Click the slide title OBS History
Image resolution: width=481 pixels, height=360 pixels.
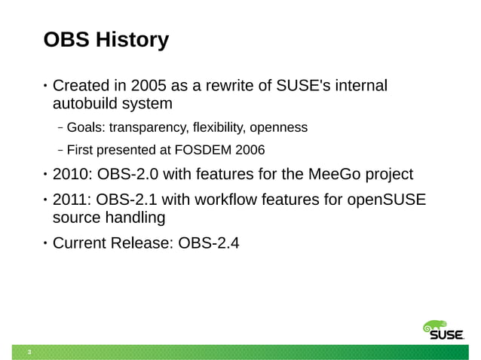[106, 39]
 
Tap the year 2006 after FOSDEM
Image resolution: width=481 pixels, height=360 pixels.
[249, 149]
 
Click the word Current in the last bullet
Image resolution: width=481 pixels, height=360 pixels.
[81, 243]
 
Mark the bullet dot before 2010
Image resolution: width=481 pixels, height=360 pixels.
[44, 176]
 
